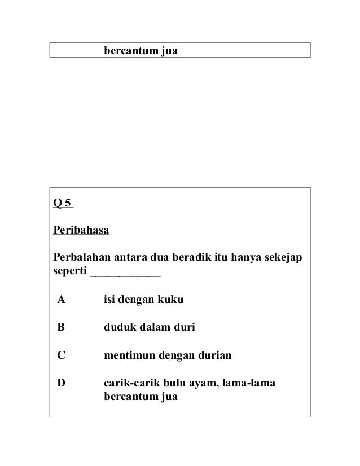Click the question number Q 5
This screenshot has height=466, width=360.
coord(63,204)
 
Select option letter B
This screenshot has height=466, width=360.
coord(60,328)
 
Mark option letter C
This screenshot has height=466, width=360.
coord(60,355)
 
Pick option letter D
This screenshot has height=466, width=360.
coord(60,383)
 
